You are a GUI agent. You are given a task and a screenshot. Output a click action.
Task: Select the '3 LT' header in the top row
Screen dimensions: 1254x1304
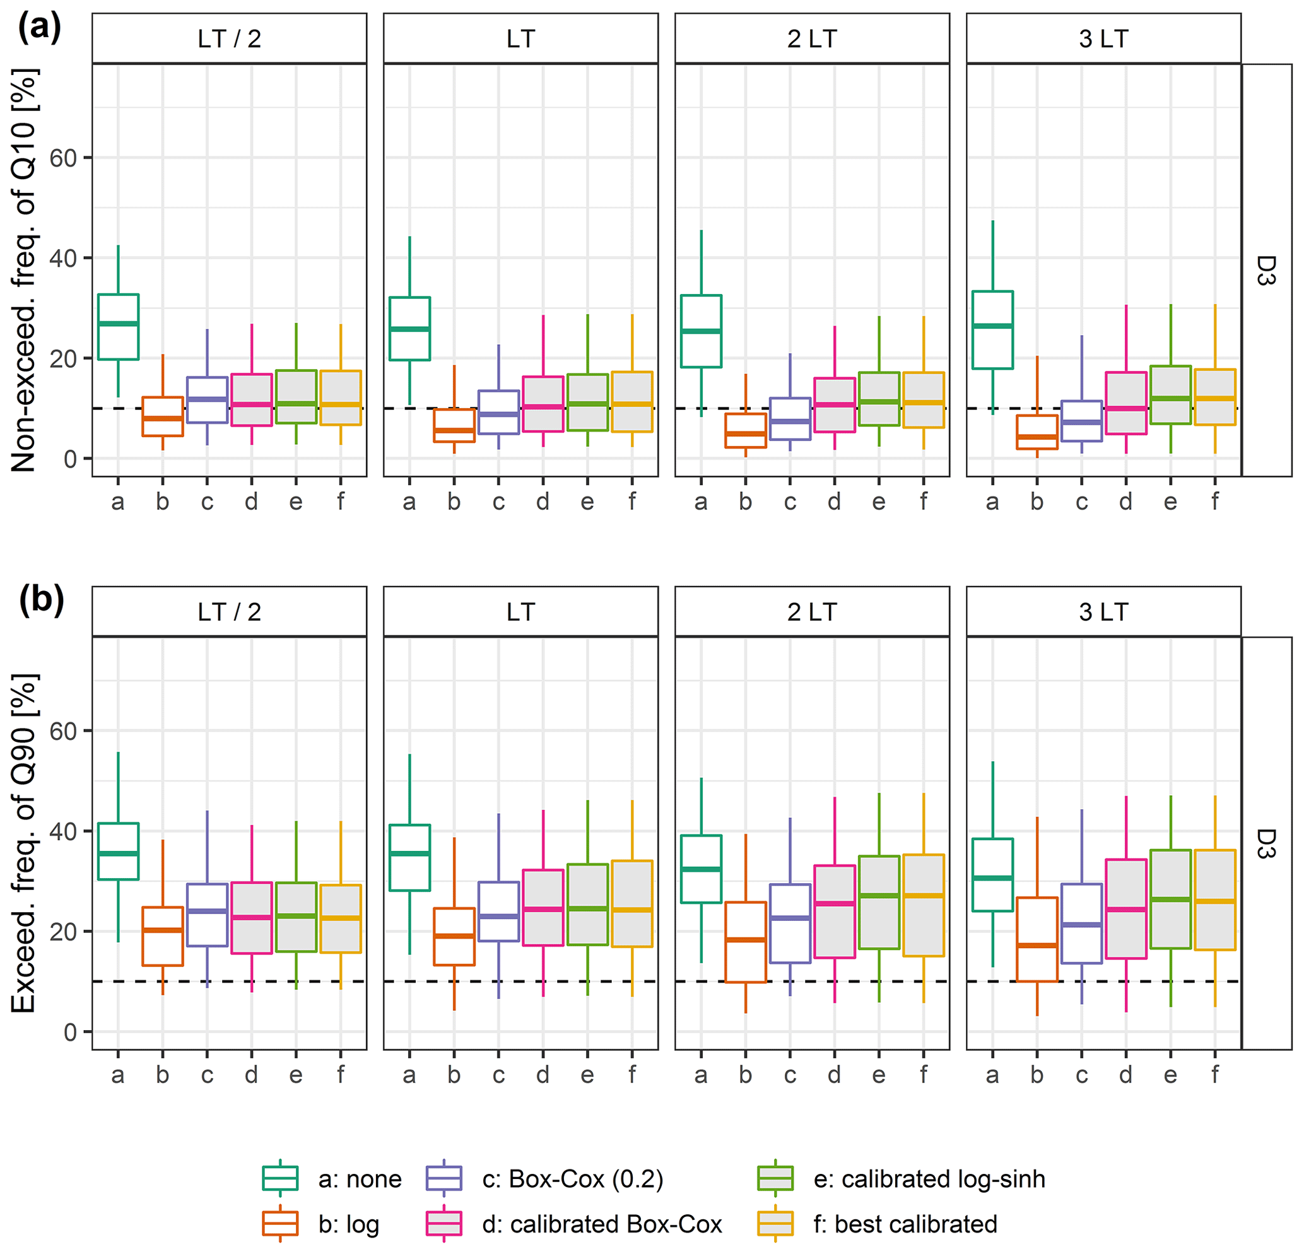click(x=1103, y=38)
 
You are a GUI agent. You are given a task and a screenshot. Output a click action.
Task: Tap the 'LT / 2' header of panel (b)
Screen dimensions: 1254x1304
click(x=229, y=611)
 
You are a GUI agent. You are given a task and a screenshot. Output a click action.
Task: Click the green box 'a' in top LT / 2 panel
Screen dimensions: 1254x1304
click(x=118, y=327)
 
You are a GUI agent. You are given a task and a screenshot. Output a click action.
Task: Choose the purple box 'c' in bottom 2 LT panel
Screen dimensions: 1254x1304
click(x=790, y=923)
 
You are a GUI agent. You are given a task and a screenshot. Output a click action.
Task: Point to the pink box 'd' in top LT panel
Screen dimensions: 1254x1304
click(x=543, y=404)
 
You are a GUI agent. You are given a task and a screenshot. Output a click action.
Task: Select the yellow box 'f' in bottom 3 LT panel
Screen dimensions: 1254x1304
click(x=1215, y=899)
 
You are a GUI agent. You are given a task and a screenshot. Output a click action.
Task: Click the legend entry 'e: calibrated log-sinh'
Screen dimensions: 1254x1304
click(x=929, y=1180)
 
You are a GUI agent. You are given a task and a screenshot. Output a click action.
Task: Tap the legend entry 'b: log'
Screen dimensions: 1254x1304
click(x=349, y=1224)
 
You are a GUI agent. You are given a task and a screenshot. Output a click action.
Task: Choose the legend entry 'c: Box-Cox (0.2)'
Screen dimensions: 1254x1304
click(x=572, y=1180)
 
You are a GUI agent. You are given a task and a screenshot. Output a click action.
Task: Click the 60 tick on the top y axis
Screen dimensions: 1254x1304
click(x=63, y=158)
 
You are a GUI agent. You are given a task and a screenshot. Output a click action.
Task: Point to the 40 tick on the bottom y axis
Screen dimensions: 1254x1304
click(x=63, y=831)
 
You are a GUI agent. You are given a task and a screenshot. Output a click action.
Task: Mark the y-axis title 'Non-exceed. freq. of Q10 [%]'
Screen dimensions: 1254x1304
click(x=24, y=270)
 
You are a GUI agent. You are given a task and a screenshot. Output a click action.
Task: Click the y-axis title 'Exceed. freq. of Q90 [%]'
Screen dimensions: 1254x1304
click(x=24, y=843)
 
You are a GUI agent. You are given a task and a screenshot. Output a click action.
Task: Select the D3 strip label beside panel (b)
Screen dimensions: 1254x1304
click(x=1266, y=843)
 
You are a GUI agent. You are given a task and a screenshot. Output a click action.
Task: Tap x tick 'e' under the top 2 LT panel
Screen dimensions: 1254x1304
click(x=878, y=501)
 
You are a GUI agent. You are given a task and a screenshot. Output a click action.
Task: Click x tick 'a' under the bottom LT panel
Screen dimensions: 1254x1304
click(x=409, y=1074)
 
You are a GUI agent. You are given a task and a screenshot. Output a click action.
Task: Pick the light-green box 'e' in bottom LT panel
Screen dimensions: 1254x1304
click(x=587, y=904)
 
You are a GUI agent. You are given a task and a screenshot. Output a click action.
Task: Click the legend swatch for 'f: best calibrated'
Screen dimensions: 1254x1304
click(x=776, y=1224)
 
